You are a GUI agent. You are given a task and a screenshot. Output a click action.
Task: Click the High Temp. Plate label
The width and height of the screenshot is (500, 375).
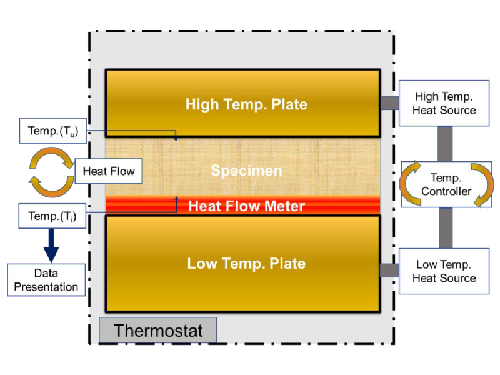pyautogui.click(x=246, y=104)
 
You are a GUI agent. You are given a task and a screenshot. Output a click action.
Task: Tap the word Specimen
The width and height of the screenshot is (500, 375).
pyautogui.click(x=246, y=170)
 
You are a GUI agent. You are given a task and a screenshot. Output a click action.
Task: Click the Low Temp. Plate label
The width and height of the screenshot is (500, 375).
pyautogui.click(x=246, y=263)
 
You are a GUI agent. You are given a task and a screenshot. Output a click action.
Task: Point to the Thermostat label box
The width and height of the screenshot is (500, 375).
pyautogui.click(x=158, y=330)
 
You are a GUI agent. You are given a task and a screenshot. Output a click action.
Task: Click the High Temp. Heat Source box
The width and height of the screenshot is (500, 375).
pyautogui.click(x=444, y=103)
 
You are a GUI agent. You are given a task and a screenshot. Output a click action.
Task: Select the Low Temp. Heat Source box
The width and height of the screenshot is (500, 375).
pyautogui.click(x=444, y=271)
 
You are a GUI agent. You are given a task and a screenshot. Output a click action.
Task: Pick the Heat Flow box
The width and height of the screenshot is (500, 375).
pyautogui.click(x=109, y=170)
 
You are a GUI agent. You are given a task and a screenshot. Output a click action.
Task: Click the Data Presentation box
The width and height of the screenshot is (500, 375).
pyautogui.click(x=46, y=280)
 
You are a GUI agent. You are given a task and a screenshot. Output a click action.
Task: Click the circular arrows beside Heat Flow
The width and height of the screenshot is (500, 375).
pyautogui.click(x=46, y=170)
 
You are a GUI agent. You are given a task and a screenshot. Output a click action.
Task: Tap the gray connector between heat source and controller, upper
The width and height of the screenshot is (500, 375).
pyautogui.click(x=445, y=142)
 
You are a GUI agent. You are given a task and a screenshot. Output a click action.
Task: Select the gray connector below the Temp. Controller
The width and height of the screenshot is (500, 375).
pyautogui.click(x=445, y=227)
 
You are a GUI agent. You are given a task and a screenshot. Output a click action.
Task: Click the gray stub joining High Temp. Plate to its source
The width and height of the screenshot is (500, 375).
pyautogui.click(x=389, y=102)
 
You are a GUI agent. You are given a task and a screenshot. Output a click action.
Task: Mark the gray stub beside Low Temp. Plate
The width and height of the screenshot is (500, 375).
pyautogui.click(x=389, y=270)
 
